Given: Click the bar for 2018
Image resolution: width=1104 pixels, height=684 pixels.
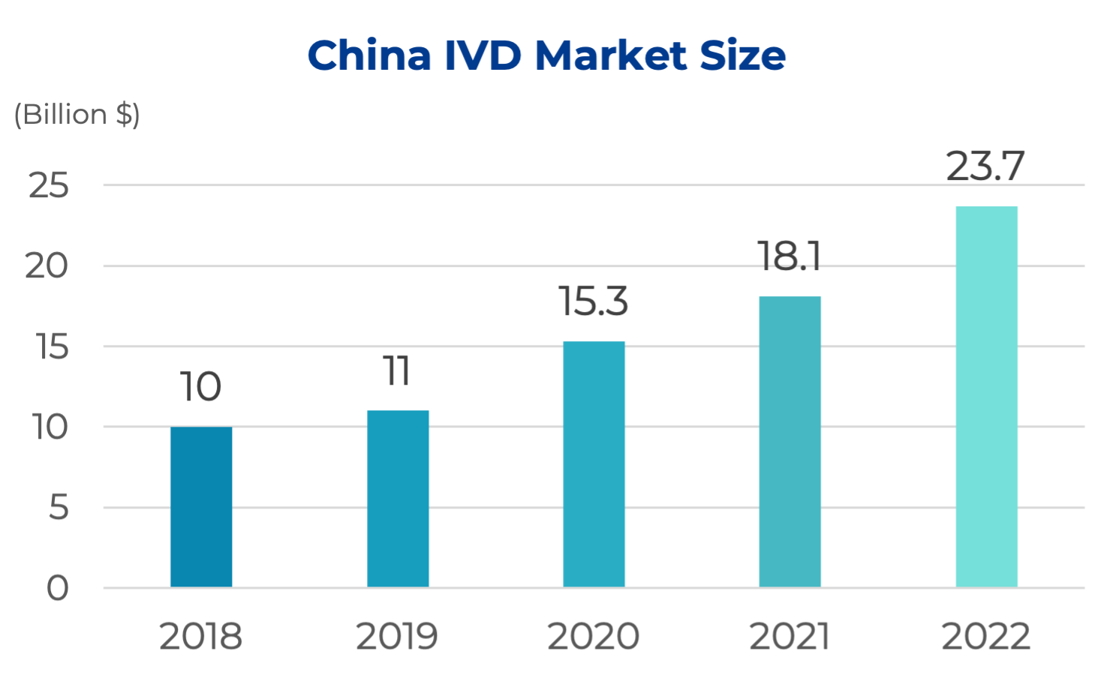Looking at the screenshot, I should point(201,506).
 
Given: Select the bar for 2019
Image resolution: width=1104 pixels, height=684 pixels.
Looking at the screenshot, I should point(398,498).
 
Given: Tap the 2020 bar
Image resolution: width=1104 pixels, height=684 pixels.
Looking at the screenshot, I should point(594,463).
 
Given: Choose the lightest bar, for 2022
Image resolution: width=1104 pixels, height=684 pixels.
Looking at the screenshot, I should point(986,396).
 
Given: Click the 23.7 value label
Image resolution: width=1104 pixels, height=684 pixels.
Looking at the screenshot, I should point(985,166).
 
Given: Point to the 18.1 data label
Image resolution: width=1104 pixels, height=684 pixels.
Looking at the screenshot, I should point(789,256).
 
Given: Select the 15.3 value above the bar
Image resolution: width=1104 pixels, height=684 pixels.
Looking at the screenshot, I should point(593,301).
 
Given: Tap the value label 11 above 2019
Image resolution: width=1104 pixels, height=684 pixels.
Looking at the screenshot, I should point(397,371).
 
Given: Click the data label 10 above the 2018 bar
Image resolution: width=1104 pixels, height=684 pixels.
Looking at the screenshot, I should point(200,387).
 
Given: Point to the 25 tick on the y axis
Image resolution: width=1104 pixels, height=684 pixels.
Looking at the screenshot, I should point(49,185).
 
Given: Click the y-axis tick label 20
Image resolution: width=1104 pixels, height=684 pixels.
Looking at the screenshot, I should point(47,266).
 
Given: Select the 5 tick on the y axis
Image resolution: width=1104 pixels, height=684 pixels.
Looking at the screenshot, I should point(59,508).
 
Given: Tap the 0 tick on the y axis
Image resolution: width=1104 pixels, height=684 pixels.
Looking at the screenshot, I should point(58,589).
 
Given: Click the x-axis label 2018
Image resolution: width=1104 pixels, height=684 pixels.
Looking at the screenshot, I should point(200,637).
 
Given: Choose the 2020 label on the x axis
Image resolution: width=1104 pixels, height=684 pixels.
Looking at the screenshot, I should point(593,637).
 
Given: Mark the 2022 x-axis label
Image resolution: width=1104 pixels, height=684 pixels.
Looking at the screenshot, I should point(985,637).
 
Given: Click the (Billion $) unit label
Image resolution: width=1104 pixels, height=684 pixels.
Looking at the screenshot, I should point(77,115).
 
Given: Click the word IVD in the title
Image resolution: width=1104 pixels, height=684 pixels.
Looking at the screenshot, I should point(483,55).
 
